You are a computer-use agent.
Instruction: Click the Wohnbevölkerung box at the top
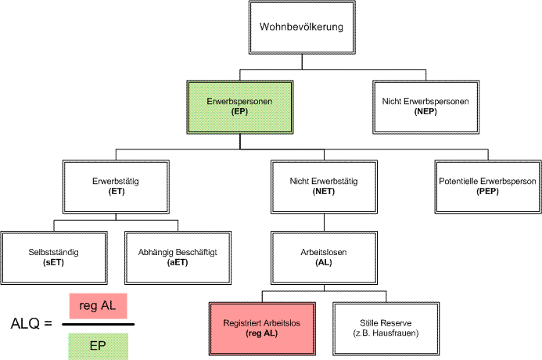click(301, 27)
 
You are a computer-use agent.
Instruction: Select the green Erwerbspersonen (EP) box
click(239, 107)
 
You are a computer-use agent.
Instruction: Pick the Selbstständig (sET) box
click(53, 257)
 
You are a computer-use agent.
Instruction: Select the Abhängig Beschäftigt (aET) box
click(177, 257)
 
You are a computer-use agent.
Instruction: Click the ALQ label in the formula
click(26, 322)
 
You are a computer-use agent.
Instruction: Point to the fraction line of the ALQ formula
click(98, 323)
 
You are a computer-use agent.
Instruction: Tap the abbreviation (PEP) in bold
click(486, 192)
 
